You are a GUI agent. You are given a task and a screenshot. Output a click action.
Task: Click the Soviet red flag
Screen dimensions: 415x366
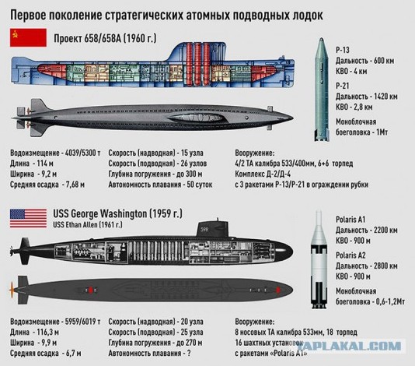click(x=28, y=37)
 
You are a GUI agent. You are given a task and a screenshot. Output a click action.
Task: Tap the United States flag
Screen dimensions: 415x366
click(x=28, y=218)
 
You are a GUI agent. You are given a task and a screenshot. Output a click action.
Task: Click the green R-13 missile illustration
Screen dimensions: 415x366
click(x=322, y=90)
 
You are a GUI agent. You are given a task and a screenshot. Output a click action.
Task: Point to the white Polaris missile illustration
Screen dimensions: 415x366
click(x=319, y=259)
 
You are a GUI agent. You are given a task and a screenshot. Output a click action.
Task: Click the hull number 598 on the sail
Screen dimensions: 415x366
click(x=204, y=230)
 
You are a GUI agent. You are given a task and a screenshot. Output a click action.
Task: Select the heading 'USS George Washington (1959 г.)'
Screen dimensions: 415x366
click(x=118, y=213)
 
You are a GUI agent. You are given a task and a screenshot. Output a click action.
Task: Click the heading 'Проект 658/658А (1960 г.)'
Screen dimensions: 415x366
click(x=105, y=39)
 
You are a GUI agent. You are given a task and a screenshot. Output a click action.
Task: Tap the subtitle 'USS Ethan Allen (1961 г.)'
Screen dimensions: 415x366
click(x=88, y=224)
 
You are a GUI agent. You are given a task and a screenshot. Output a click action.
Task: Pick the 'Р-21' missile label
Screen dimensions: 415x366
click(x=343, y=86)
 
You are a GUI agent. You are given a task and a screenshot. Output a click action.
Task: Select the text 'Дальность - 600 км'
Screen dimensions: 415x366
click(x=365, y=61)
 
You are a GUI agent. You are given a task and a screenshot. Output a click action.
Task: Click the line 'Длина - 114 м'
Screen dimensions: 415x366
click(x=32, y=164)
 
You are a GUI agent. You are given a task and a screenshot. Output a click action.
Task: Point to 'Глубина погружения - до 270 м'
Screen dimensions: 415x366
click(x=155, y=343)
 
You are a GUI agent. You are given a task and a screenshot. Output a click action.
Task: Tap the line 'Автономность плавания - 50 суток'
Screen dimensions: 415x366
click(x=160, y=185)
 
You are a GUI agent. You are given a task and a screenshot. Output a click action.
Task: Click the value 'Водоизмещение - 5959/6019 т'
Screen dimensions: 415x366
click(x=55, y=322)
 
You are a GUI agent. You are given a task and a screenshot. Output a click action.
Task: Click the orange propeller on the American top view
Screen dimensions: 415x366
click(x=12, y=290)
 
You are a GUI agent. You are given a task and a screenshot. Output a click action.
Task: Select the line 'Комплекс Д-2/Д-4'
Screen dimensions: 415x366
click(x=263, y=174)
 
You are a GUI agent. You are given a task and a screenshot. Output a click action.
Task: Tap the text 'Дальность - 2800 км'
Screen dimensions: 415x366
click(x=367, y=266)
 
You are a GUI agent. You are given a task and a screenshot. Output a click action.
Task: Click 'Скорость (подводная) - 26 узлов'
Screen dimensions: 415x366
click(x=158, y=164)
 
